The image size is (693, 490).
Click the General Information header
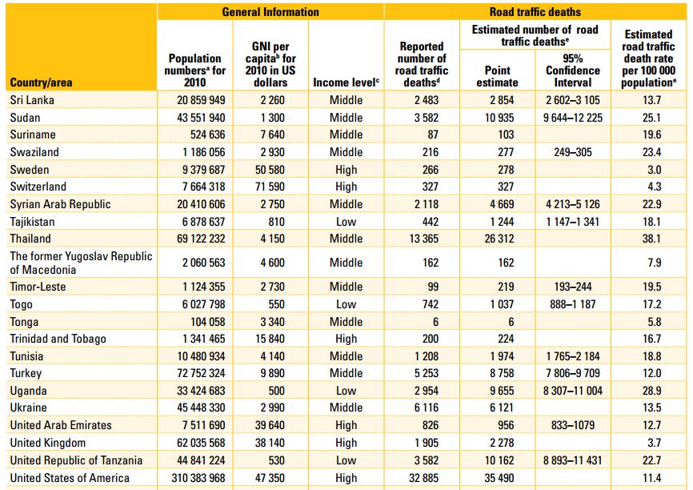(x=270, y=12)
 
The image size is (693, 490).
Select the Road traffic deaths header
(x=535, y=12)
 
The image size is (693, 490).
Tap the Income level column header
(x=346, y=82)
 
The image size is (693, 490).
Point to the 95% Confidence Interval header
(x=573, y=70)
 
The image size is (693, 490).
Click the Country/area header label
(x=41, y=82)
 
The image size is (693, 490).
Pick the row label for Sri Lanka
(x=32, y=100)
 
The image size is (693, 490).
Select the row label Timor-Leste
(x=38, y=287)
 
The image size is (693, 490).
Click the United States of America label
(x=70, y=478)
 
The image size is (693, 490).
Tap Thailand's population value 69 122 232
(x=201, y=239)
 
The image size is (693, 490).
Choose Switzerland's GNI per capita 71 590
(x=270, y=187)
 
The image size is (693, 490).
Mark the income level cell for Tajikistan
(x=346, y=222)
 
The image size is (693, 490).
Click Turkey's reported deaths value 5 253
(x=427, y=373)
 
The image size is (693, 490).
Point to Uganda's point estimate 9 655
(x=502, y=391)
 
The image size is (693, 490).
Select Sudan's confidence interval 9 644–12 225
(x=573, y=118)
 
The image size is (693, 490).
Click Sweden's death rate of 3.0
(x=654, y=170)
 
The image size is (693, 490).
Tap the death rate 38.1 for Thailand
(x=652, y=239)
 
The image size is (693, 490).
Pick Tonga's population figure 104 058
(x=208, y=322)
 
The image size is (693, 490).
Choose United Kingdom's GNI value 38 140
(x=270, y=443)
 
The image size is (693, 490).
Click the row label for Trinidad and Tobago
(x=58, y=339)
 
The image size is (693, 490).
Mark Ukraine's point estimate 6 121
(x=502, y=408)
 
